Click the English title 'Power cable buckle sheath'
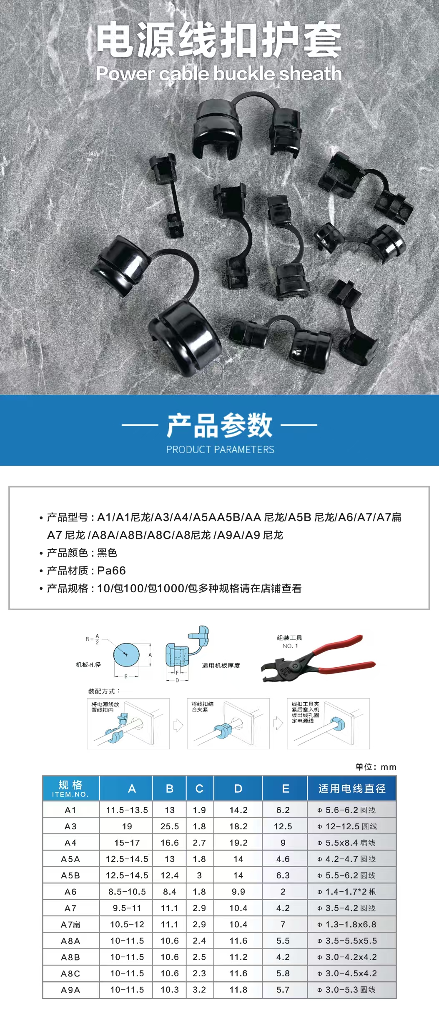tap(219, 74)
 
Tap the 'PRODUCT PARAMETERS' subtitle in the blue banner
tap(220, 449)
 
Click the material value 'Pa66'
tap(111, 570)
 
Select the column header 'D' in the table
tap(238, 788)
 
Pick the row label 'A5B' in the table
tap(70, 875)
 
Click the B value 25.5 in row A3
tap(170, 826)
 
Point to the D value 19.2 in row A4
tap(238, 843)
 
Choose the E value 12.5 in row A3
tap(283, 826)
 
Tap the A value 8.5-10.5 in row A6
tap(127, 891)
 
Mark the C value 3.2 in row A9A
tap(199, 989)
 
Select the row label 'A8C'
tap(70, 973)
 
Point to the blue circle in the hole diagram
tap(125, 654)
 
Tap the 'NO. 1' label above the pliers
tap(290, 646)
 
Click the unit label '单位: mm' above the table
tap(376, 767)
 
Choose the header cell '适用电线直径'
tap(352, 788)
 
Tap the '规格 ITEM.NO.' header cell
tap(70, 788)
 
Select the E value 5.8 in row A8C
tap(283, 973)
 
